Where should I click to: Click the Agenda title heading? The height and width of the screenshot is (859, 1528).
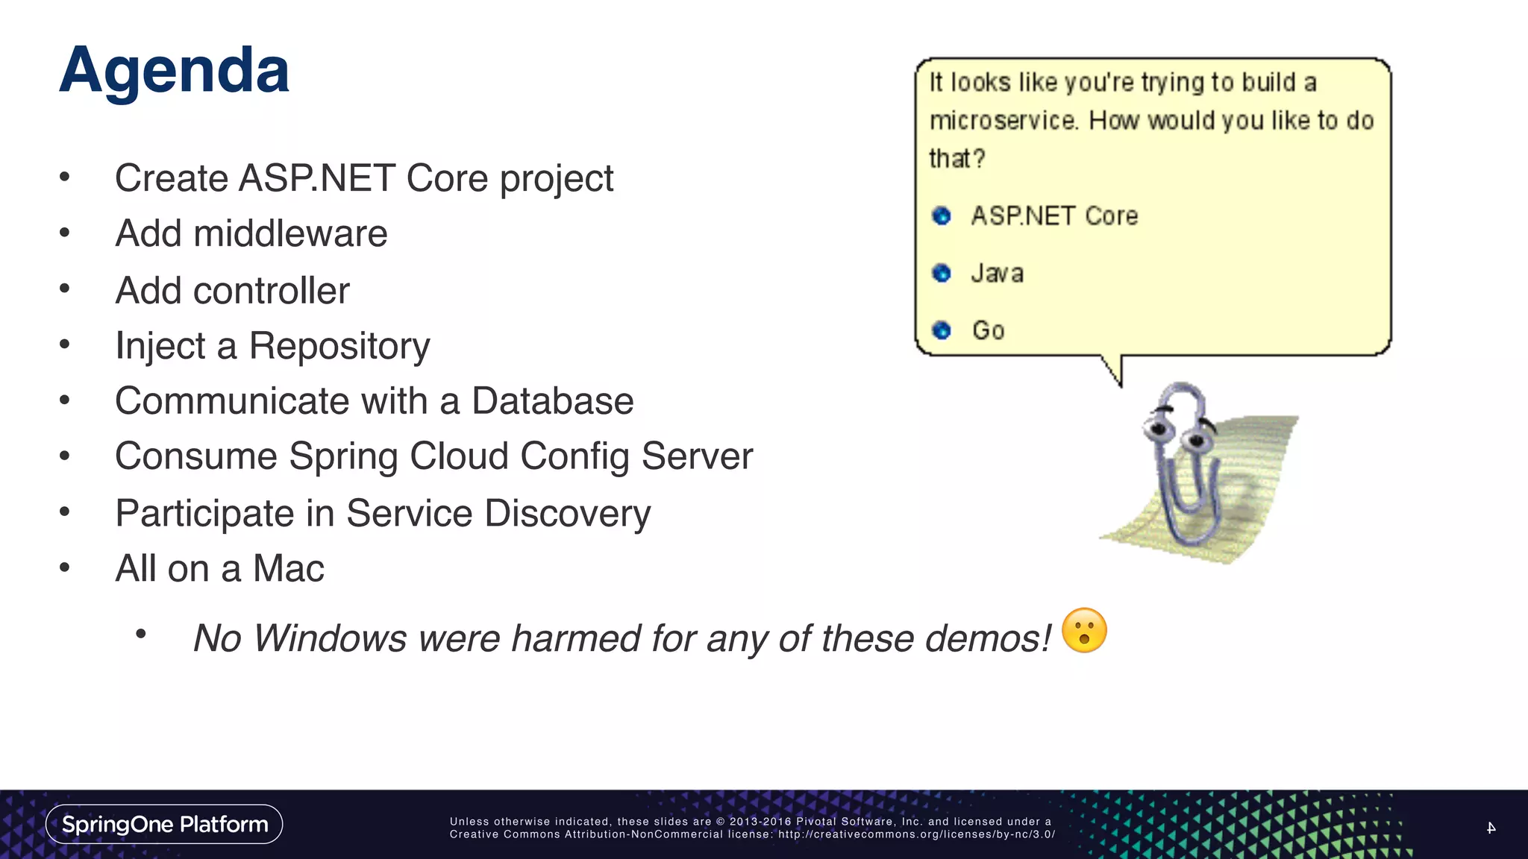point(174,71)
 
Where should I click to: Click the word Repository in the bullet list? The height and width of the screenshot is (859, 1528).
point(339,347)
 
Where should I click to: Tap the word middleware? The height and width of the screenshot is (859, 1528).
point(290,234)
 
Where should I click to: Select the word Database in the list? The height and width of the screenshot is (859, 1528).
point(552,401)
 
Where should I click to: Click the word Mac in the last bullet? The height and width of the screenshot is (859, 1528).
point(288,569)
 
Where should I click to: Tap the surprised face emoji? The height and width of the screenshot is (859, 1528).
point(1084,631)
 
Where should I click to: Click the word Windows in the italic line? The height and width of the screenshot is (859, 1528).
point(330,639)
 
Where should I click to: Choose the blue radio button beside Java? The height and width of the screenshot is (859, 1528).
point(942,273)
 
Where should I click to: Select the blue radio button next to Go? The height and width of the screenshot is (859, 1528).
point(942,330)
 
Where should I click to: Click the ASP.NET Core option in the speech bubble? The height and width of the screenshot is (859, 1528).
point(1053,216)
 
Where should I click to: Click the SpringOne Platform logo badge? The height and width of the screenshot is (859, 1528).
point(164,824)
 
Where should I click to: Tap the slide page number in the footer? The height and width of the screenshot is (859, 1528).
point(1491,828)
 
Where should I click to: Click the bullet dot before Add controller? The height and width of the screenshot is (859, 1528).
point(65,289)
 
